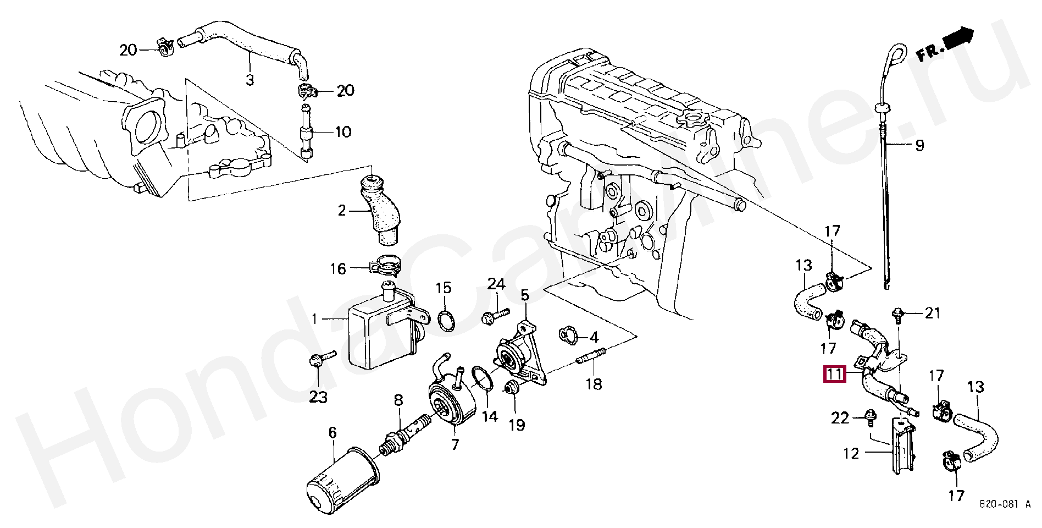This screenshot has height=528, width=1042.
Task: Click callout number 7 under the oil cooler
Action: click(x=455, y=444)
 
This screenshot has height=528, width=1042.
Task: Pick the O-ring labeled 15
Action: click(x=446, y=321)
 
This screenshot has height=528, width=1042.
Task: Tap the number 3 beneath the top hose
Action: click(x=250, y=80)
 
